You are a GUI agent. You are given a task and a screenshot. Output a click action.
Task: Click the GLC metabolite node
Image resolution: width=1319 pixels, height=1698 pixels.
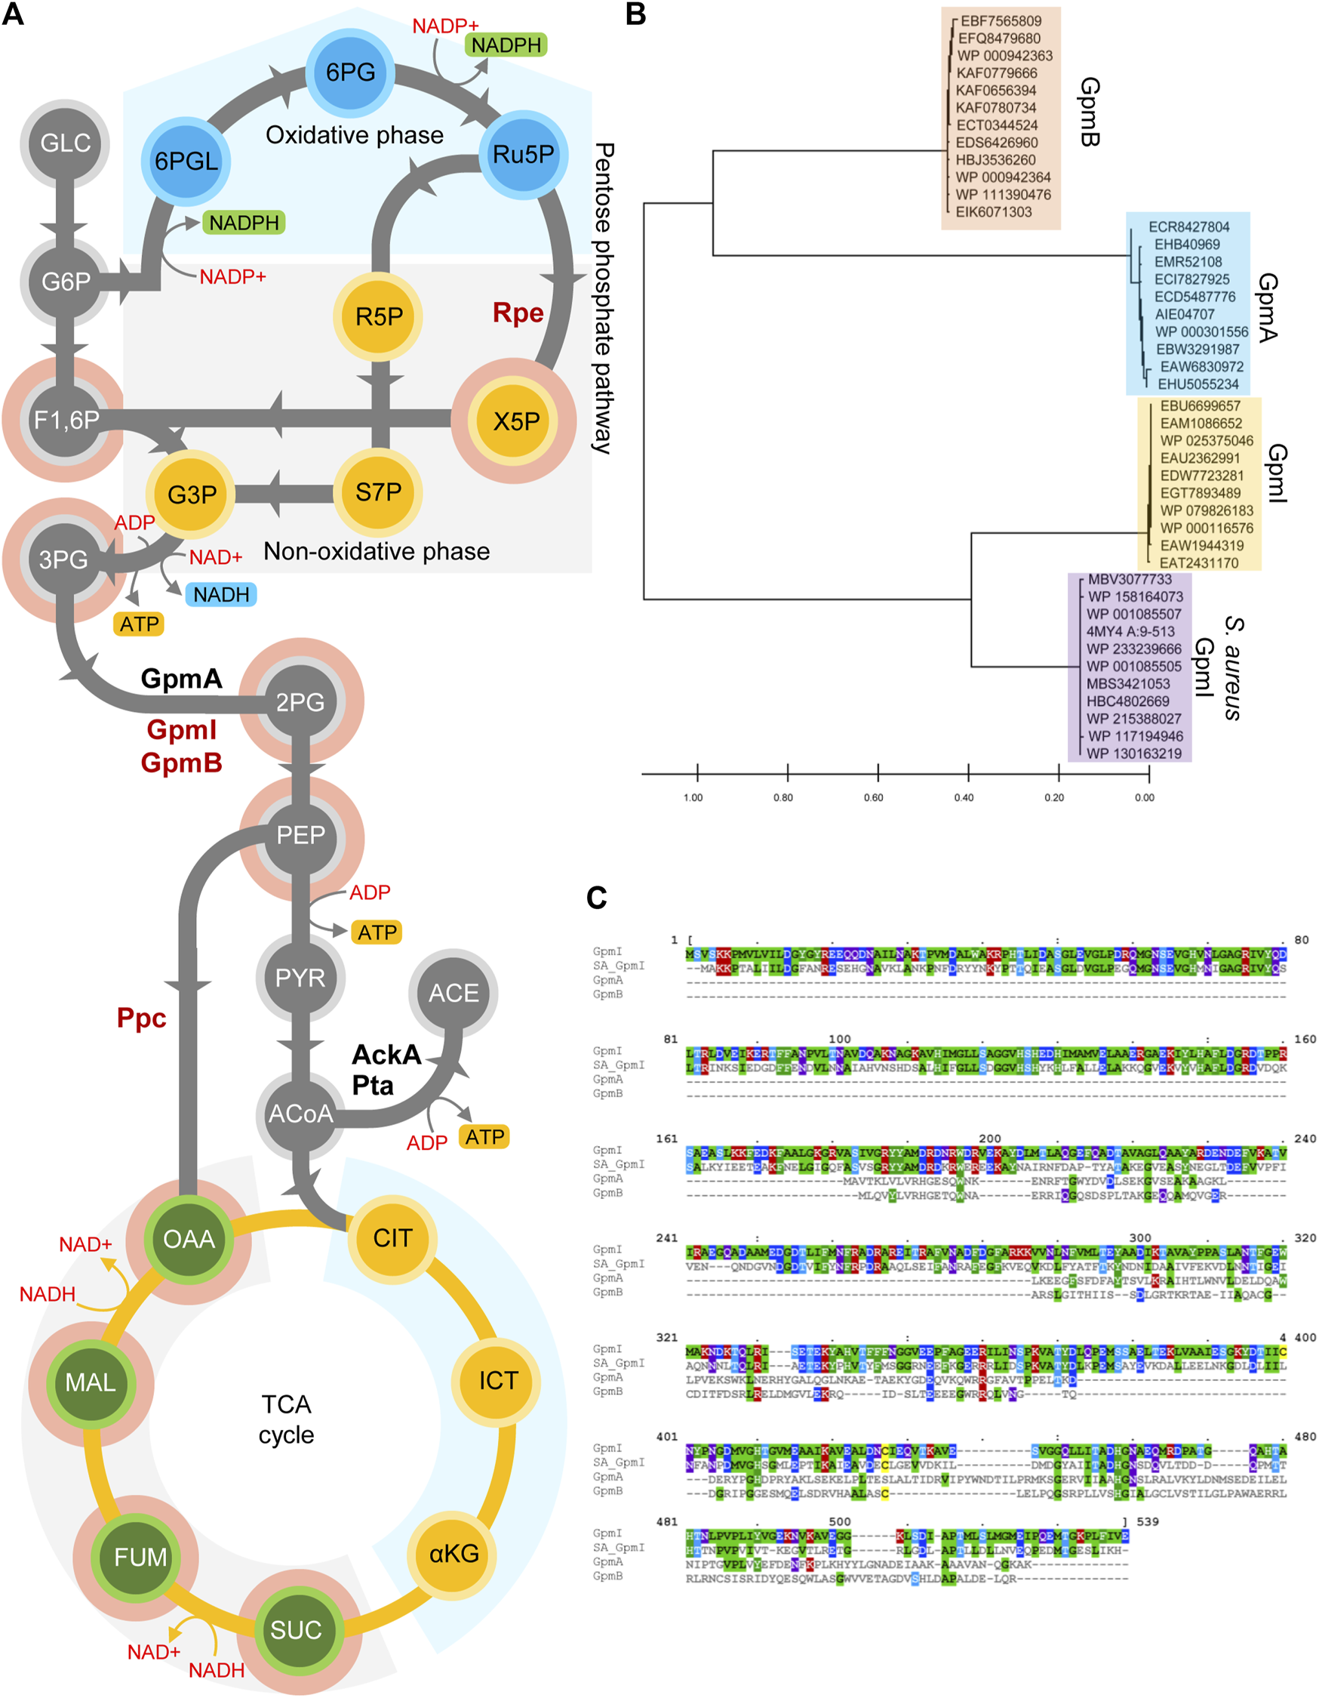[x=66, y=143]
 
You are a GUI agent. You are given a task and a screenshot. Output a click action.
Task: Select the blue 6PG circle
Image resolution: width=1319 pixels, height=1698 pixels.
[x=351, y=72]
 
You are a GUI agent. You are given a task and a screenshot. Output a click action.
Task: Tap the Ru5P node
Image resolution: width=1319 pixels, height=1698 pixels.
[x=523, y=154]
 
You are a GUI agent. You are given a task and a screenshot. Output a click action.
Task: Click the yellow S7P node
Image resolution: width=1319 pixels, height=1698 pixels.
[x=379, y=492]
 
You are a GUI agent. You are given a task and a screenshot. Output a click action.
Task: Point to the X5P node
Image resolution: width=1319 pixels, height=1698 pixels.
[x=516, y=421]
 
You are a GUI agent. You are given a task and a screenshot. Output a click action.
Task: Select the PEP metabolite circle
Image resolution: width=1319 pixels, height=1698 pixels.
[x=301, y=835]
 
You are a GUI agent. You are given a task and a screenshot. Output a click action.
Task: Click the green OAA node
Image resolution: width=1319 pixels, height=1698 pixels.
[x=189, y=1238]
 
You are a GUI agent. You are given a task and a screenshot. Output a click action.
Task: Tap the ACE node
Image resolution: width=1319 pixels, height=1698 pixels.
[x=454, y=993]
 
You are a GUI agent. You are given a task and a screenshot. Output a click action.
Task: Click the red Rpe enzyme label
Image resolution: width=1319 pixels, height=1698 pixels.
[x=518, y=313]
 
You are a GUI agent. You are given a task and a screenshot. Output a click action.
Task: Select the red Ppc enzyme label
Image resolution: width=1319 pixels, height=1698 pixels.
[x=141, y=1018]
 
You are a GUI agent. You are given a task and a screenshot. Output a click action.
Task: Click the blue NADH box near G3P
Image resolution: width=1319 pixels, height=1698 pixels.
[x=222, y=595]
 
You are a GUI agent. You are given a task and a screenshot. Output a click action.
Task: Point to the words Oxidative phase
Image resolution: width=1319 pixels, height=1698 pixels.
[x=355, y=135]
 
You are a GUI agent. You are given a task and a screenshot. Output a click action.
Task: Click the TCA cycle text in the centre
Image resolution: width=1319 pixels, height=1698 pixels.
[x=286, y=1419]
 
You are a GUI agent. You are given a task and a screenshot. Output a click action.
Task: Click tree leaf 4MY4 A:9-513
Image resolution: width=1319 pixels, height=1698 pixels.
[x=1130, y=631]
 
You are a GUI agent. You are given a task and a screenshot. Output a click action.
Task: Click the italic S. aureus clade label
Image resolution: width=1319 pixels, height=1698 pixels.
[x=1234, y=669]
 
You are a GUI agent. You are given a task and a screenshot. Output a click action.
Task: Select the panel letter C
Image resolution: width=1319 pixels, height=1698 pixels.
[x=597, y=898]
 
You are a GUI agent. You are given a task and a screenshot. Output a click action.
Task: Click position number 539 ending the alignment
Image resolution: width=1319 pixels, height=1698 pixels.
[x=1146, y=1521]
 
